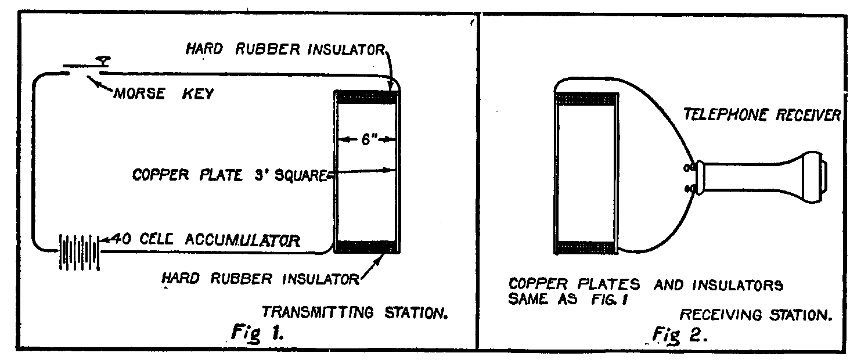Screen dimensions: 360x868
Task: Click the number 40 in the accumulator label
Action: click(118, 238)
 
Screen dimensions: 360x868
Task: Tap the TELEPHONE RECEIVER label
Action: click(761, 115)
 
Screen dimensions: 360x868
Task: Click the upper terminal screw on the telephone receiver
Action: click(690, 168)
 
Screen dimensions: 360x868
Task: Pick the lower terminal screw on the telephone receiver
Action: click(690, 189)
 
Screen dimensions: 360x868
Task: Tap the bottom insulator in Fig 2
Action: click(586, 248)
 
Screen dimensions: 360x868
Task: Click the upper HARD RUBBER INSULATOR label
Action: click(285, 50)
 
